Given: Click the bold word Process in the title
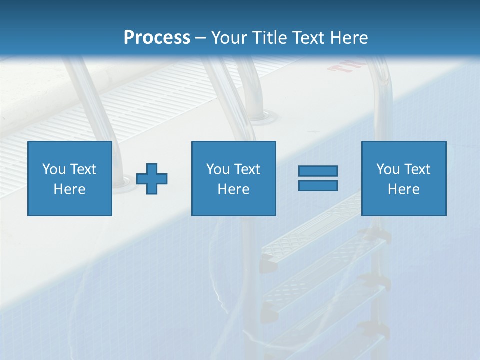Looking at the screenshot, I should click(x=157, y=37).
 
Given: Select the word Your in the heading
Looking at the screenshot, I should click(x=228, y=37).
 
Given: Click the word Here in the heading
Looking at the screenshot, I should click(x=349, y=37).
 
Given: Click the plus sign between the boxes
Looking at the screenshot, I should click(x=152, y=179).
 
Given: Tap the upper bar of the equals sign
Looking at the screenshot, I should click(x=318, y=171).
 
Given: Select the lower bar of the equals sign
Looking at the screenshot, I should click(x=318, y=185).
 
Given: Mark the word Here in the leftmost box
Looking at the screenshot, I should click(x=69, y=189).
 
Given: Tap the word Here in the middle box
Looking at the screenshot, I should click(x=233, y=189).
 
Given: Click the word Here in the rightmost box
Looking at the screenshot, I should click(x=403, y=189).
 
